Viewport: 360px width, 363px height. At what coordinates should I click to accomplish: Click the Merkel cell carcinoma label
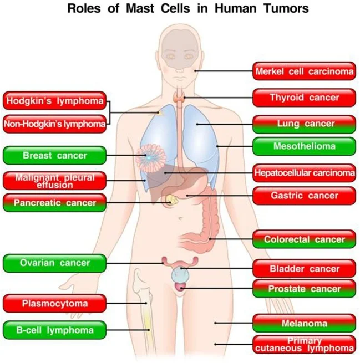304,71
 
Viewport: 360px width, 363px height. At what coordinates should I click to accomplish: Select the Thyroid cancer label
304,98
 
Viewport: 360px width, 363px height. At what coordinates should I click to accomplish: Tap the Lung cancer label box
304,124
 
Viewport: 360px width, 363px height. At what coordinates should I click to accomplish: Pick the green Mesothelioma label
304,147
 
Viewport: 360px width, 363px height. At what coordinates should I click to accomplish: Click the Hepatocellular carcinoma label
304,173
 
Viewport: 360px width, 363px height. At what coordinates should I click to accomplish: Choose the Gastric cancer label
304,196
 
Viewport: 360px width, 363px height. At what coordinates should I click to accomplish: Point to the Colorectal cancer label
304,240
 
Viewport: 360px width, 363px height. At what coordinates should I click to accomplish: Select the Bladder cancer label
304,269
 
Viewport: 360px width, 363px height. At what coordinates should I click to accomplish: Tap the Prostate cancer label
304,289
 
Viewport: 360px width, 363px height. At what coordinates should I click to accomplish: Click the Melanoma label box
304,323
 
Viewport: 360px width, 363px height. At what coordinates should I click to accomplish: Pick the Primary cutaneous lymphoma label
304,344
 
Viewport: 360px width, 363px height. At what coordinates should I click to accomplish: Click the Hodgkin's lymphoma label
54,101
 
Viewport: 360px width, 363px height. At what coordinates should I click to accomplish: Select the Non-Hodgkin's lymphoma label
54,124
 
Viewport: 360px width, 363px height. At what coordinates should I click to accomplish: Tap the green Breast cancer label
54,156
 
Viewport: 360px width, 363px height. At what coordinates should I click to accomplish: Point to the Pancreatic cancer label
54,203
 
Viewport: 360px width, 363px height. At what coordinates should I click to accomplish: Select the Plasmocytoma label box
54,303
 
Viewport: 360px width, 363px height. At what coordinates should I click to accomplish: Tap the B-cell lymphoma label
54,330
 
